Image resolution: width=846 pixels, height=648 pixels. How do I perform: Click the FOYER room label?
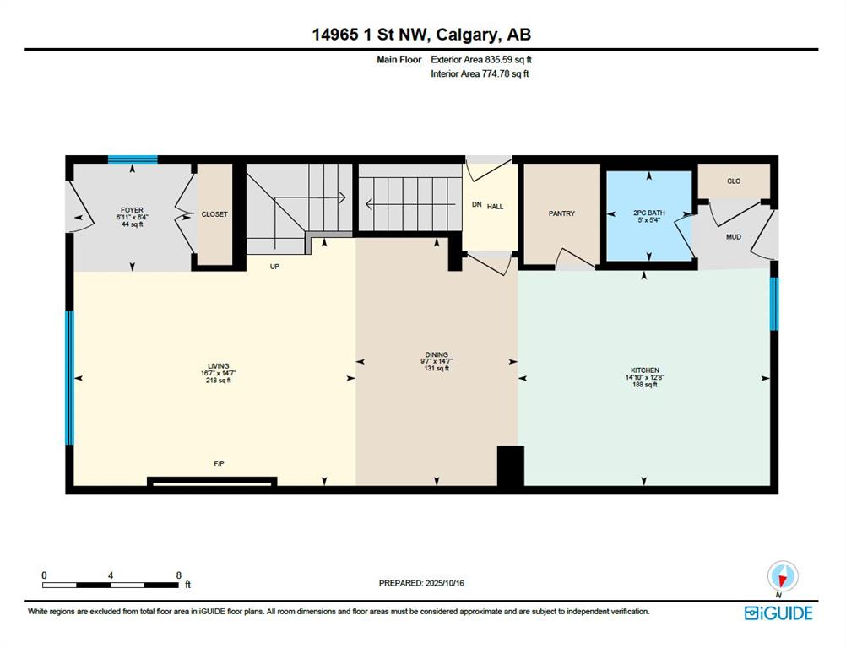pos(133,210)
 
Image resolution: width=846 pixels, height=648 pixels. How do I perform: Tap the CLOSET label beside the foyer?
pos(214,214)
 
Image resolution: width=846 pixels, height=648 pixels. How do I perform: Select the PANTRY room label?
pos(561,213)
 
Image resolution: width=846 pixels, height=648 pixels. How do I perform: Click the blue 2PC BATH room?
pos(649,216)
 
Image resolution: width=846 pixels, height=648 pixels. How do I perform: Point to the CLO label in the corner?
pos(734,181)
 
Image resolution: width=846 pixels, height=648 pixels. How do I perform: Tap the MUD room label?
pos(733,237)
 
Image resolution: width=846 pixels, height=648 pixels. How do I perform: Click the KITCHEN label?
pos(645,370)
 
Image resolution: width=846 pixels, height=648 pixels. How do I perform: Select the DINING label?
pos(437,354)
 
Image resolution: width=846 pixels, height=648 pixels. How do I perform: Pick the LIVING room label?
pos(219,366)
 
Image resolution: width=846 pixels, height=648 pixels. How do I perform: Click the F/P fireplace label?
pos(219,463)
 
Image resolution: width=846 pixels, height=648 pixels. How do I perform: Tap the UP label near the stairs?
pos(274,267)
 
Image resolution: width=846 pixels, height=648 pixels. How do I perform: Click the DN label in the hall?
pos(477,205)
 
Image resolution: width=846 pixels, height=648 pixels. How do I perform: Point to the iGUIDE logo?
pos(778,613)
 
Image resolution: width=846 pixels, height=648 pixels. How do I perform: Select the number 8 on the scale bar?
pos(179,575)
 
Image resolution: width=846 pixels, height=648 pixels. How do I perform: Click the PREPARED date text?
pos(421,583)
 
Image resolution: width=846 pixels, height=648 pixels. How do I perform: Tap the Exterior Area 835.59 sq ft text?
pos(481,60)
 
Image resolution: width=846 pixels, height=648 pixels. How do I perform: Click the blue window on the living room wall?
pos(69,377)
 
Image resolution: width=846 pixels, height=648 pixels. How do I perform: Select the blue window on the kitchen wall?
pos(774,304)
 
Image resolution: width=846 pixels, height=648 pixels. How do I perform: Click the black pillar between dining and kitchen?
pos(511,466)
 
